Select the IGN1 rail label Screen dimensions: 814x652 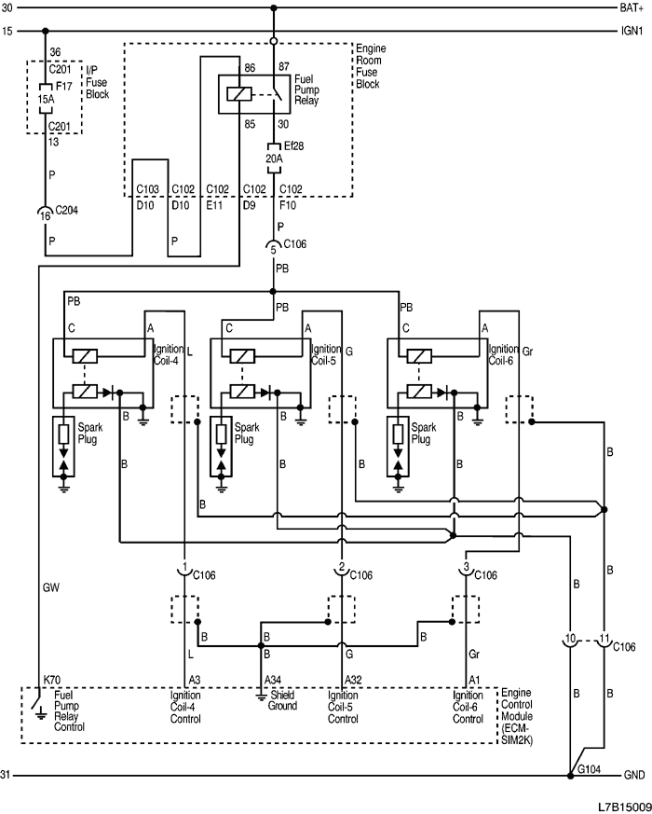pyautogui.click(x=631, y=31)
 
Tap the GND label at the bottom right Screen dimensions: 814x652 pyautogui.click(x=633, y=775)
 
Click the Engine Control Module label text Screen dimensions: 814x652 pyautogui.click(x=517, y=711)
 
